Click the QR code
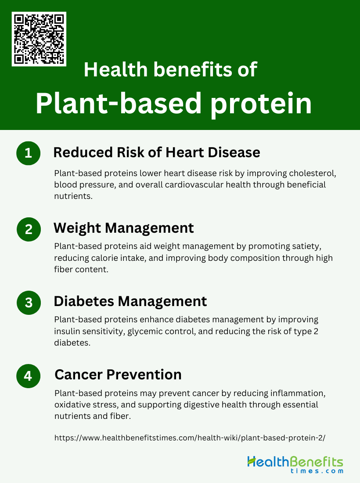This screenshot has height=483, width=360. [x=39, y=39]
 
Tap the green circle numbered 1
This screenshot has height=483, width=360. [x=29, y=153]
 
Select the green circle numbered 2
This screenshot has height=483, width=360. [x=29, y=230]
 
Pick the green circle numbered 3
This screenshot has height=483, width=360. [x=29, y=303]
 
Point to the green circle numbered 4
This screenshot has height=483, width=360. [x=29, y=376]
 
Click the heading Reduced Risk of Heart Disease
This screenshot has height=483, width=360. [x=157, y=152]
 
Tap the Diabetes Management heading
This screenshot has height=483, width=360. [x=130, y=301]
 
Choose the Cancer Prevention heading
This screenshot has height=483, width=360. [x=118, y=375]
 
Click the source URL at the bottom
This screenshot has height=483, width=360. [x=190, y=438]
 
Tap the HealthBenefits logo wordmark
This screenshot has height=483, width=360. [x=295, y=462]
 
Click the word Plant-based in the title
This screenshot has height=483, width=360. [x=119, y=104]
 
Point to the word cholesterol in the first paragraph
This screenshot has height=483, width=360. [x=313, y=173]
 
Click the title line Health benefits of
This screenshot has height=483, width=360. [x=170, y=69]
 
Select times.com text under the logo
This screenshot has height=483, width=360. [x=317, y=471]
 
